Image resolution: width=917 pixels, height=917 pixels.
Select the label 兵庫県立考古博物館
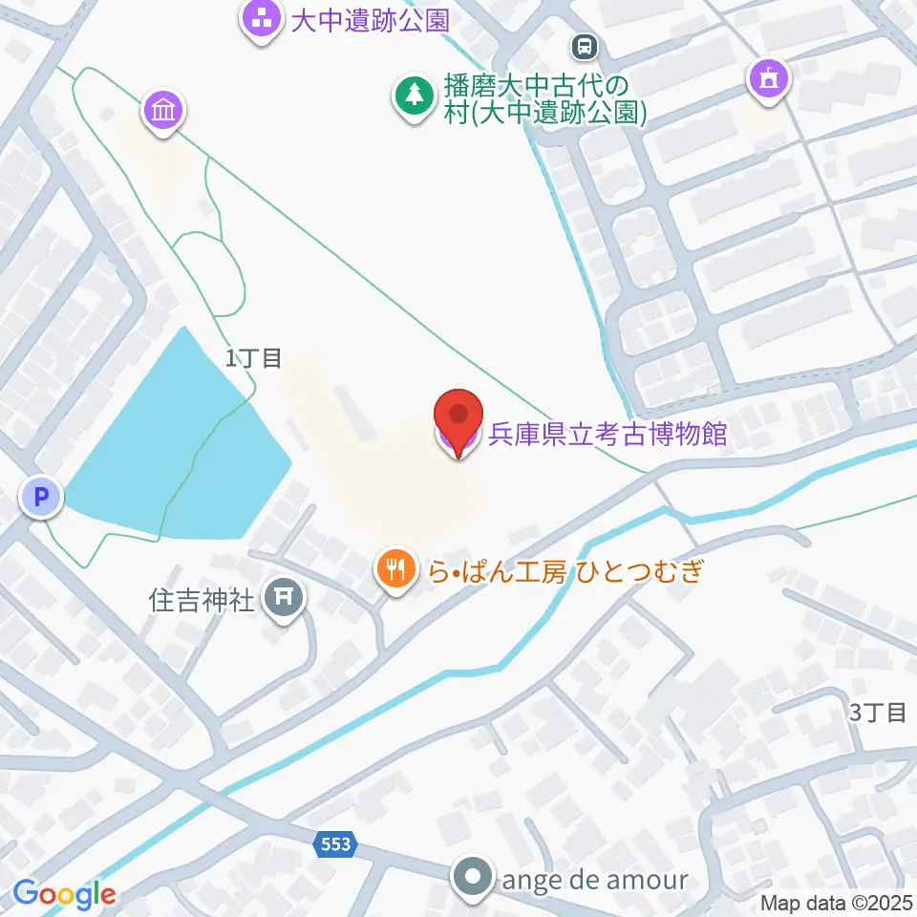coord(608,435)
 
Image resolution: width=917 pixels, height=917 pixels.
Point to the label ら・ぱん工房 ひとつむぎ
coord(566,571)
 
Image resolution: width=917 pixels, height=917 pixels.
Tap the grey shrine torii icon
coord(283,598)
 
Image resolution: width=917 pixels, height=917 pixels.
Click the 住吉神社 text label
coord(203,600)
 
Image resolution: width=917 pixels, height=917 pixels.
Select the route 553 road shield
coord(335,843)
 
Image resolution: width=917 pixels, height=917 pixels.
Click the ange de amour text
coord(592,878)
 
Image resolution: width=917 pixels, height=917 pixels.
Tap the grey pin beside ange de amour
coord(475,878)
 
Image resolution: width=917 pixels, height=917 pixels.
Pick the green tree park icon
coord(414,96)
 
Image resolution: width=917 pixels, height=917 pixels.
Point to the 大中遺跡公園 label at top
coord(370,20)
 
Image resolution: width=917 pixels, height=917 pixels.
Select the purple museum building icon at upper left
coord(164,112)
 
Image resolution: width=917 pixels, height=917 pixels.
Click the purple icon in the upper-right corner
coord(769,79)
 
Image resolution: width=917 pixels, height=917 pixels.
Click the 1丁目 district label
coord(254,358)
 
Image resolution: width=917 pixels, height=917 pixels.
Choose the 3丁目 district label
coord(877,712)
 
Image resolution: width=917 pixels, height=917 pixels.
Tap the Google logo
coord(64,894)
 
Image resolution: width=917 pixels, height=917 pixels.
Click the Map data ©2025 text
coord(837,902)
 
